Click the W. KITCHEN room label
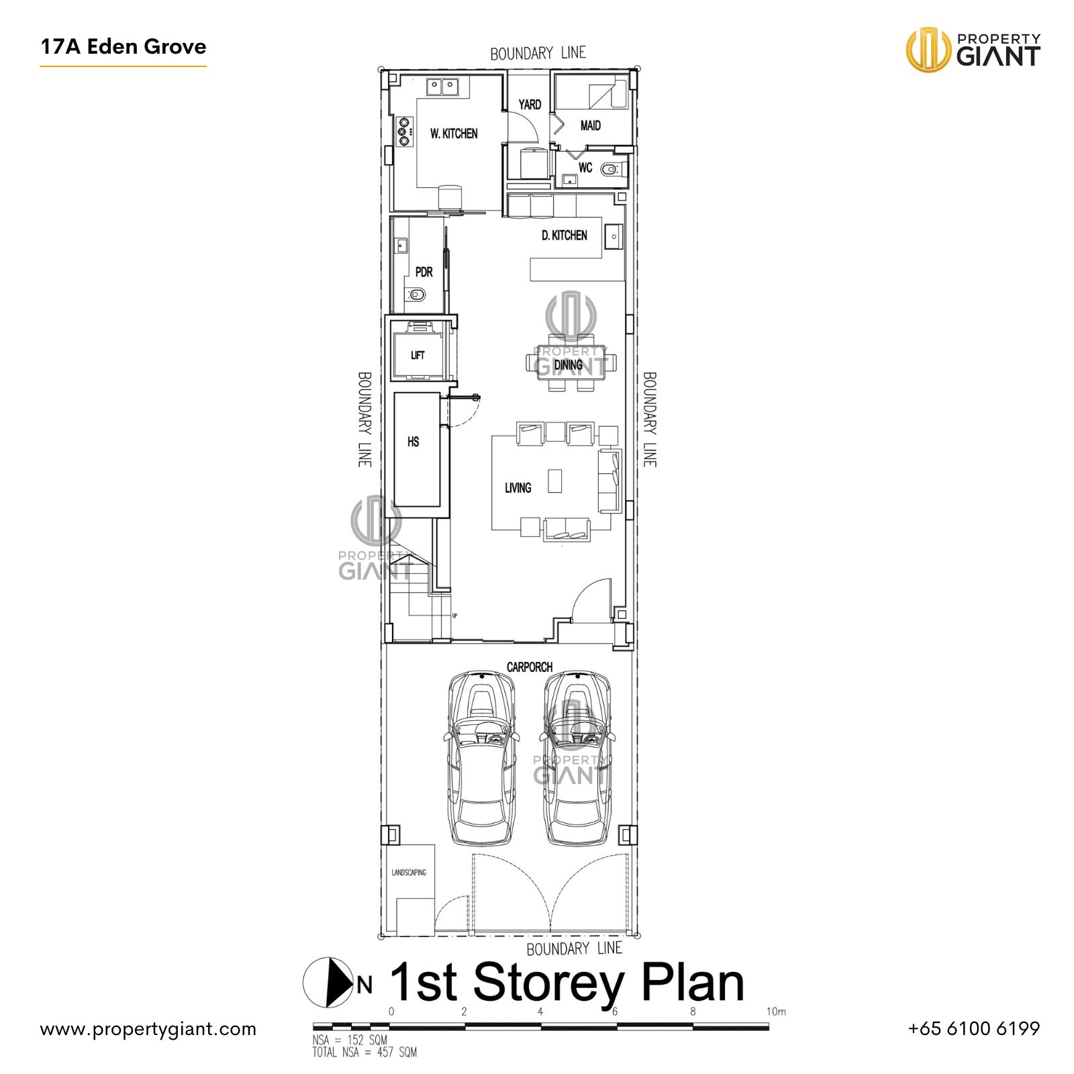(454, 134)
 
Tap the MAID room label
(590, 126)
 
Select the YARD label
(530, 105)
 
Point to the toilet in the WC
(609, 169)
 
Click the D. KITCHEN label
(564, 236)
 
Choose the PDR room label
(424, 273)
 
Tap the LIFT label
(418, 355)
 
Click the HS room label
(413, 442)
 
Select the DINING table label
(568, 364)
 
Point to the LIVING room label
(518, 488)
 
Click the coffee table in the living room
(554, 481)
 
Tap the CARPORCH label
(530, 667)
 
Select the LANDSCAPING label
(409, 873)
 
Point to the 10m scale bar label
(776, 1012)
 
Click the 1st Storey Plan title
(567, 983)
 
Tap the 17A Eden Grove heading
(124, 47)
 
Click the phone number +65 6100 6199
(973, 1028)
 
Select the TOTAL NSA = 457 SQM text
(364, 1053)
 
